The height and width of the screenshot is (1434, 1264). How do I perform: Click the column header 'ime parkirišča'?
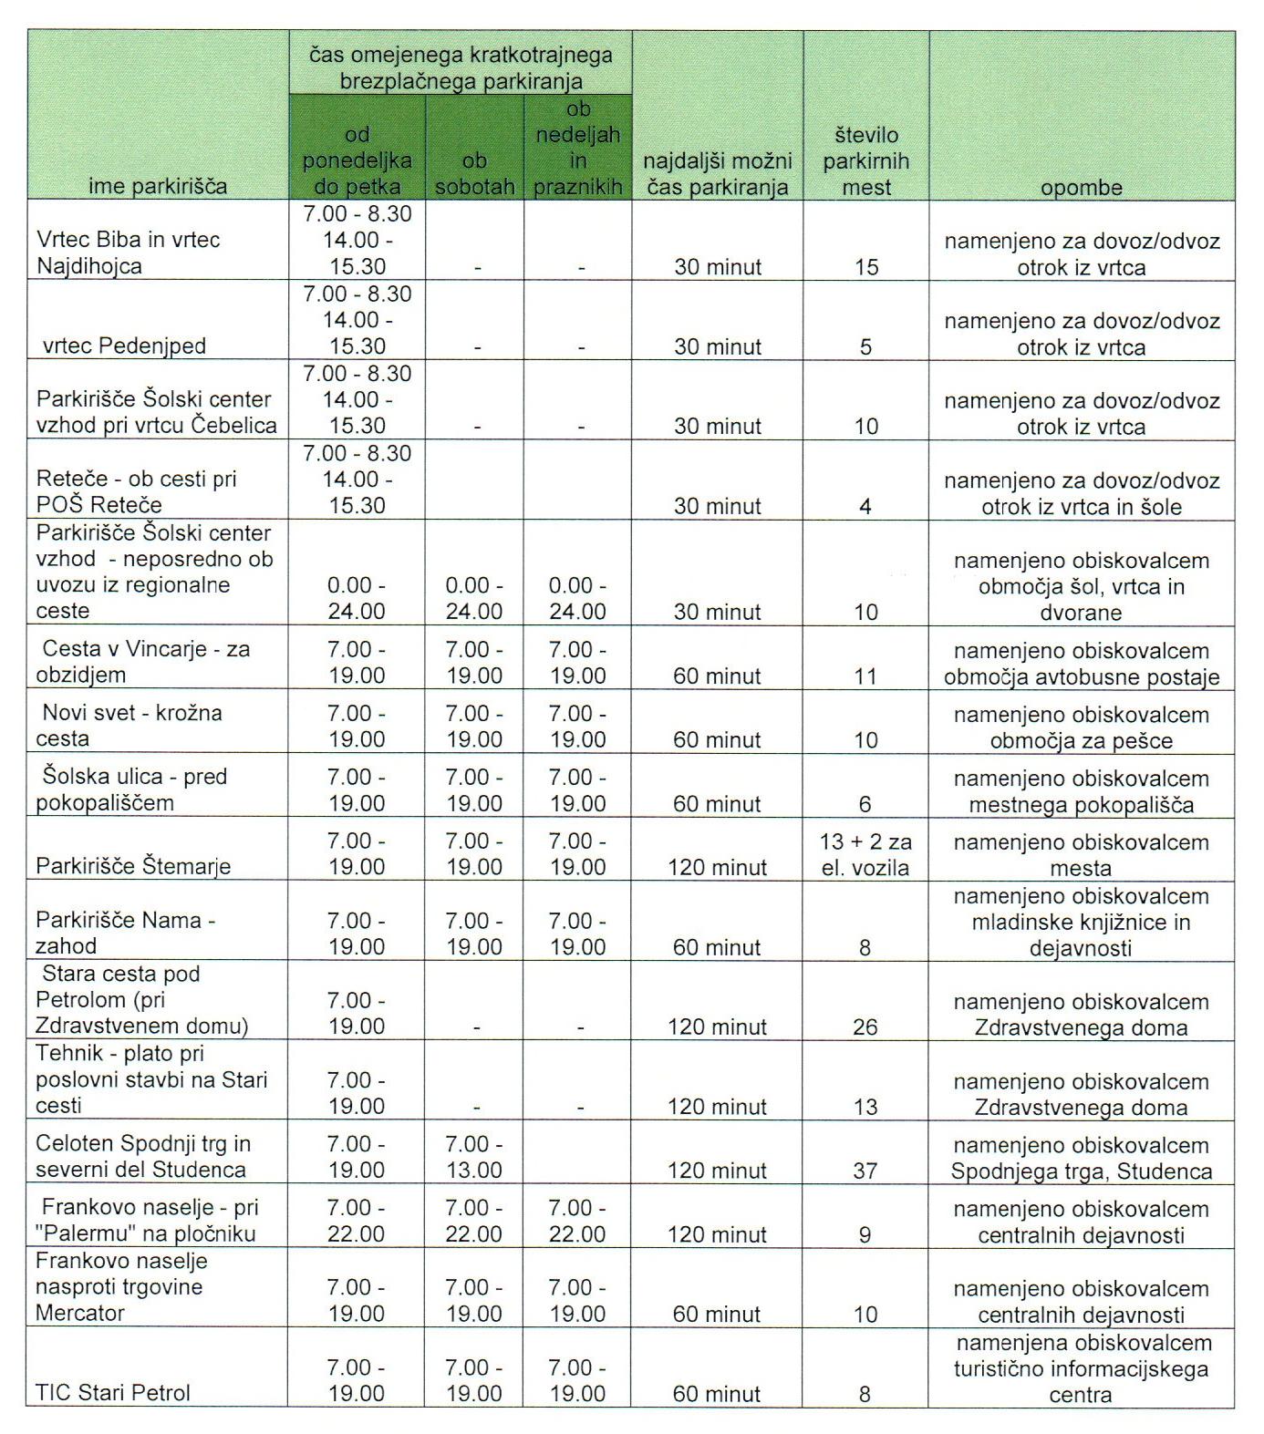(158, 187)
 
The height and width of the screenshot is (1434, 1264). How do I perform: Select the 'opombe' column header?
(1081, 187)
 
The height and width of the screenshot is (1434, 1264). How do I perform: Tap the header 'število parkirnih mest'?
(865, 161)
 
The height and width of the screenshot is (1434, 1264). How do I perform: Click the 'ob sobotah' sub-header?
(474, 174)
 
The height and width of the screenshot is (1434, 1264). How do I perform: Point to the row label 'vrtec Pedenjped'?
(124, 346)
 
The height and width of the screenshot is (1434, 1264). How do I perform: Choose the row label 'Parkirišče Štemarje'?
(133, 865)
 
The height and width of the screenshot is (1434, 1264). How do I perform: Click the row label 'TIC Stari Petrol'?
(113, 1392)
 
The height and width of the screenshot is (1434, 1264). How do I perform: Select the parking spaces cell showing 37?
(865, 1170)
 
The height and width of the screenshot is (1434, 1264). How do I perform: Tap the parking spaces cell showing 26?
(865, 1026)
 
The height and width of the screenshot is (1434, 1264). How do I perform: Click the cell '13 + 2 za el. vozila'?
(865, 854)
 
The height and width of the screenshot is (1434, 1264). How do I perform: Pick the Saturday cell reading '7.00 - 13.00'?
(474, 1156)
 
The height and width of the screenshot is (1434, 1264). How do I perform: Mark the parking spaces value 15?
(865, 266)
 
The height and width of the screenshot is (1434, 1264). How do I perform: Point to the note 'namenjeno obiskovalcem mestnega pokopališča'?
(1081, 791)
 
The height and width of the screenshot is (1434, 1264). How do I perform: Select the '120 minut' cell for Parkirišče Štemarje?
(717, 867)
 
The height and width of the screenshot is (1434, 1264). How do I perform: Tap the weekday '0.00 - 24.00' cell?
(357, 598)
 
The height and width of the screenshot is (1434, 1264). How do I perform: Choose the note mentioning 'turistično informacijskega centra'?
(1081, 1367)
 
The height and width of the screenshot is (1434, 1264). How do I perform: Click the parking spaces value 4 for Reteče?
(865, 506)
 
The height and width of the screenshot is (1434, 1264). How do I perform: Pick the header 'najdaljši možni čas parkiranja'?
(717, 174)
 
